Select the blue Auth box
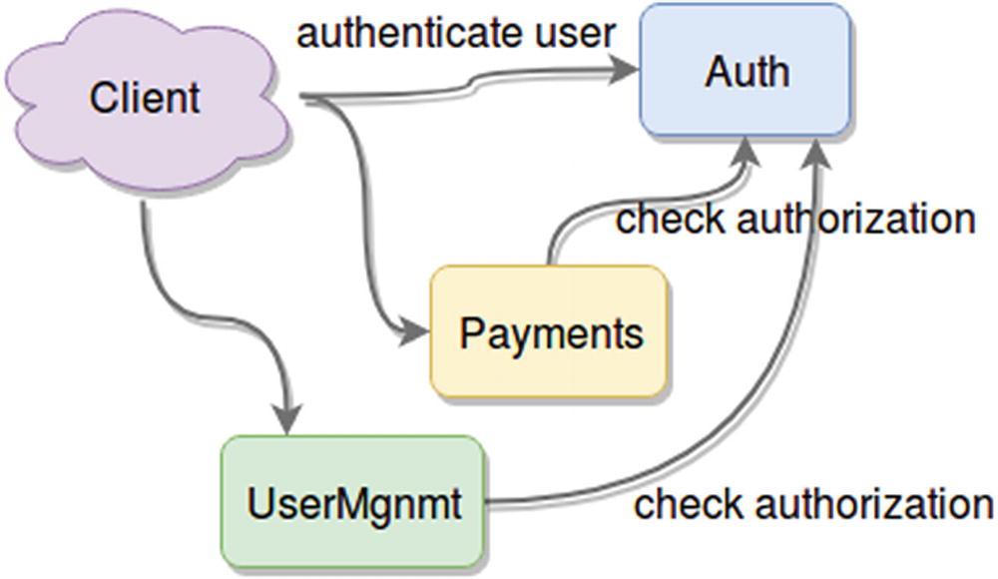point(746,70)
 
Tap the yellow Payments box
point(549,332)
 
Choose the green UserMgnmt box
point(353,502)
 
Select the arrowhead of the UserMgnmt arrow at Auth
point(817,153)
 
